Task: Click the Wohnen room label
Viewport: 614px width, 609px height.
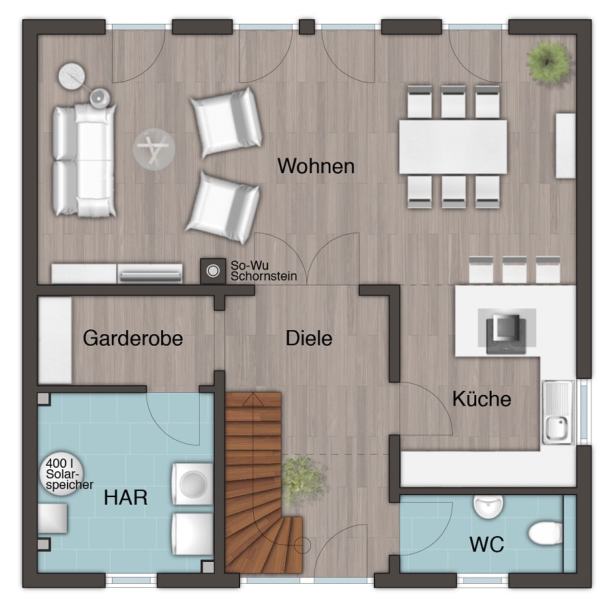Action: point(316,166)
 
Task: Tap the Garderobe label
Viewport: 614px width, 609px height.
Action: point(133,338)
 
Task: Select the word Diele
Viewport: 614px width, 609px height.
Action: point(309,338)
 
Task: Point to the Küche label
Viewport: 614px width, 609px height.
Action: point(482,399)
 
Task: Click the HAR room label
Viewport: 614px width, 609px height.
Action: point(126,497)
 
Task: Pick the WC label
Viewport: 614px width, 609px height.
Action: point(486,544)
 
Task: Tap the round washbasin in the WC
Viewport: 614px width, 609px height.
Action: point(488,507)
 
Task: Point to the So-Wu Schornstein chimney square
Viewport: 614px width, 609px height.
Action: point(213,271)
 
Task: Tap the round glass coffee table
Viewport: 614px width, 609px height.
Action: point(153,149)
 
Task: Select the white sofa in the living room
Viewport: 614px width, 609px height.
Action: point(84,160)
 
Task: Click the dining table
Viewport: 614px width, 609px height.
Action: point(453,147)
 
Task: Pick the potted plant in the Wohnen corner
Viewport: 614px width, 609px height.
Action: point(549,61)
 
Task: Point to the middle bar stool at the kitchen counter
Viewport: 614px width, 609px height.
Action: point(514,269)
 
